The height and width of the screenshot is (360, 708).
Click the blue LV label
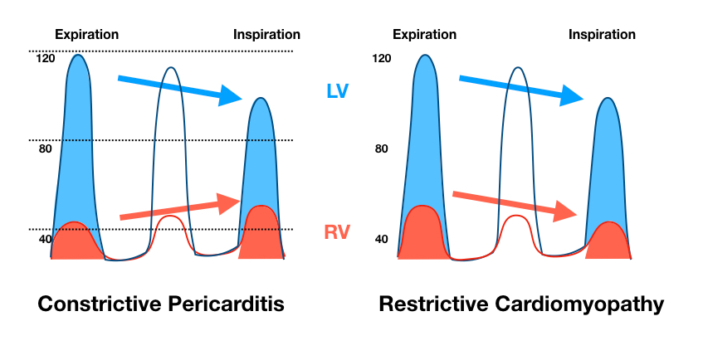(337, 91)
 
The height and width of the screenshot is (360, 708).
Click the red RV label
(337, 232)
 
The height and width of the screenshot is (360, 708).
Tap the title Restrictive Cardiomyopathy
(521, 304)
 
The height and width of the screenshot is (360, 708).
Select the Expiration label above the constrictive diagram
(86, 35)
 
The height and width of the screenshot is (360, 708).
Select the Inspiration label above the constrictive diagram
(266, 35)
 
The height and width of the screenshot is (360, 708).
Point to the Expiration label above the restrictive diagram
(424, 35)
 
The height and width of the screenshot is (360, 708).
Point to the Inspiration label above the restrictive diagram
(602, 35)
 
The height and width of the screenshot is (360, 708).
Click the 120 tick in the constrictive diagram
(45, 59)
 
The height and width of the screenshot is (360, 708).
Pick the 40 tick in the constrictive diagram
(44, 240)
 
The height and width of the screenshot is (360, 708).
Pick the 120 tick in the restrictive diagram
(381, 59)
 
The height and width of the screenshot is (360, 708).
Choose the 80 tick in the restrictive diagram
(381, 149)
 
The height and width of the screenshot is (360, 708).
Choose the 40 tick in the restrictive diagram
(381, 240)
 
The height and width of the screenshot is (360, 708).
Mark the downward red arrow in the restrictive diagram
(515, 203)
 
